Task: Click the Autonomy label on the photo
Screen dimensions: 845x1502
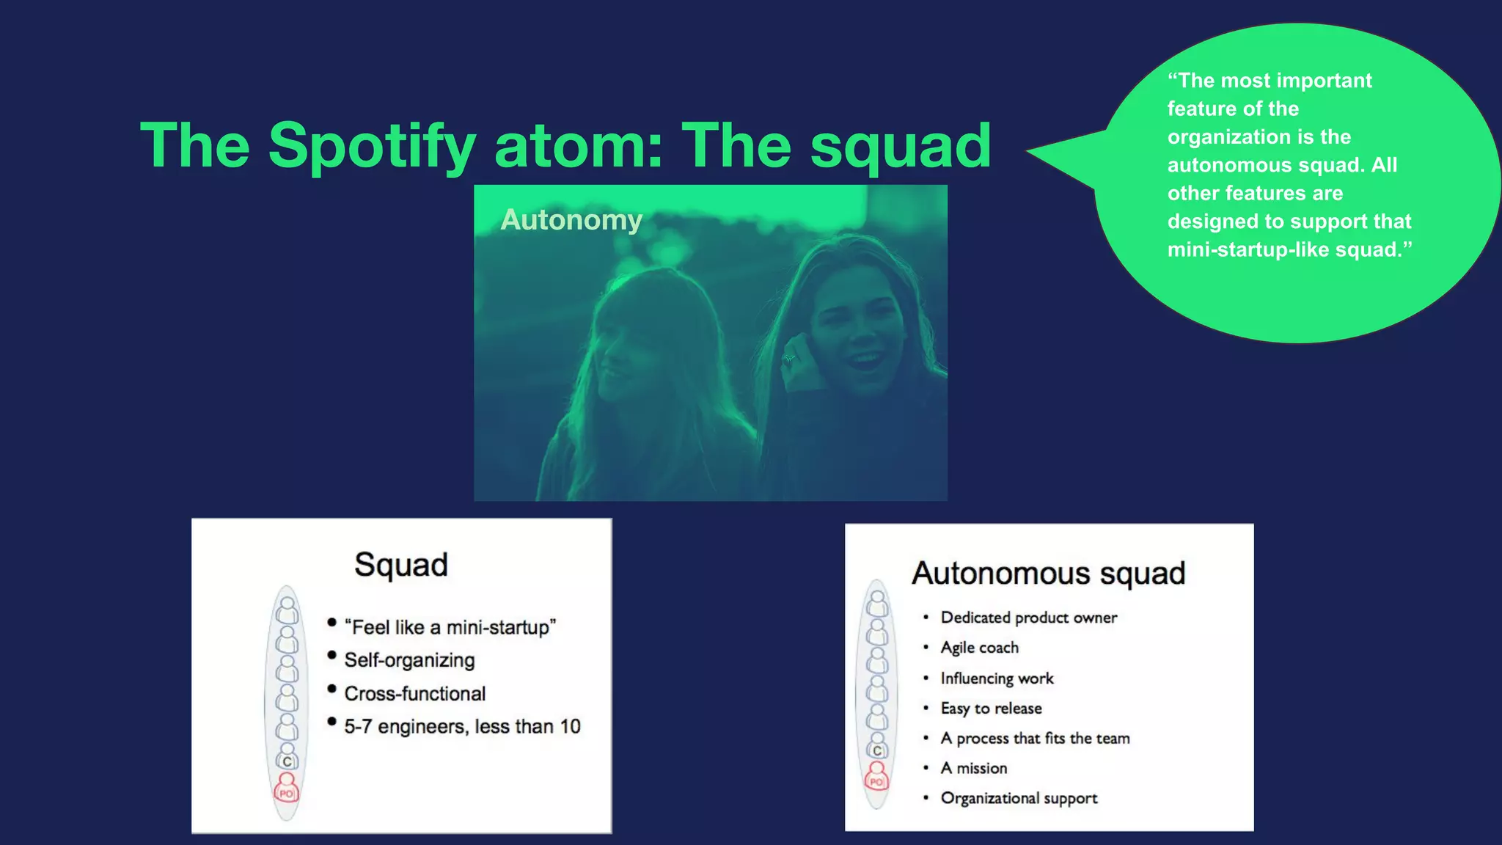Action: (x=571, y=220)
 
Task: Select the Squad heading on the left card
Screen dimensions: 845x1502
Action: (x=400, y=565)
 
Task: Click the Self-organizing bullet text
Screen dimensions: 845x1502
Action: (x=409, y=660)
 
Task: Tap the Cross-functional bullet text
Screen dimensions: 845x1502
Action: (x=414, y=693)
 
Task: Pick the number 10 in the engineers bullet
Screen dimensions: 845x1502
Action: (x=570, y=726)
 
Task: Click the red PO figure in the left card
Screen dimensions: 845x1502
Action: (x=286, y=789)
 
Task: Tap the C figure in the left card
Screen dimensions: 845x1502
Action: (x=287, y=760)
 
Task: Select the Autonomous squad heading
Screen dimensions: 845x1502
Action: (x=1048, y=574)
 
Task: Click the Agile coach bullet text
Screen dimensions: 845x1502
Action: (x=979, y=648)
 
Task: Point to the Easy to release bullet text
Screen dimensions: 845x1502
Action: (x=991, y=709)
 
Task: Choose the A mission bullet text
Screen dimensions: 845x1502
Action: (x=973, y=768)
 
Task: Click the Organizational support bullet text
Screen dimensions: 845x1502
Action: (x=1019, y=798)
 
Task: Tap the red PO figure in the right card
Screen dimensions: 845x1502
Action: (x=876, y=777)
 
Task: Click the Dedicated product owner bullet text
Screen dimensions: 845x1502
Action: (x=1028, y=618)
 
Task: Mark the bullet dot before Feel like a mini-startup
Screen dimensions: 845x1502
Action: (x=331, y=623)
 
